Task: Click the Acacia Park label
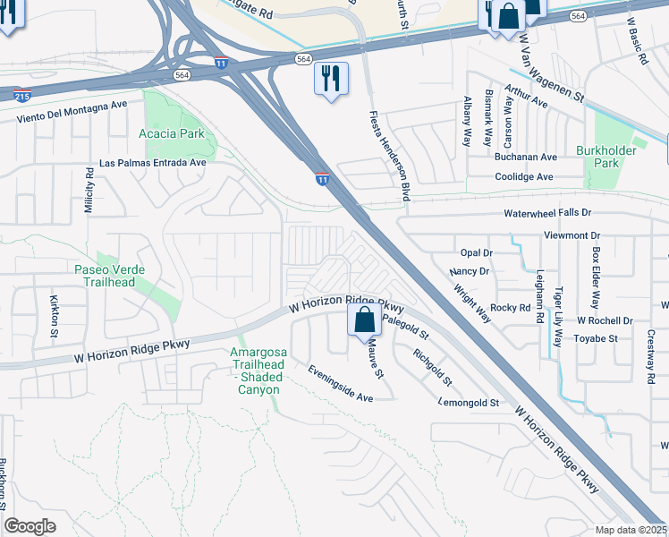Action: tap(172, 133)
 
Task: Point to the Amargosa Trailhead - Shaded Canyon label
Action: tap(258, 371)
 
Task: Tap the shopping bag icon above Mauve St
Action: tap(364, 320)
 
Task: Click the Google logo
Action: tap(30, 526)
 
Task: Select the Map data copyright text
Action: tap(631, 530)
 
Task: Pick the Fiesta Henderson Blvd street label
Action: tap(390, 156)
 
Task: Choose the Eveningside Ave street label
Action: tap(340, 382)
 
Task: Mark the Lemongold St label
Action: tap(469, 403)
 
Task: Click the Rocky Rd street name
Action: tap(511, 307)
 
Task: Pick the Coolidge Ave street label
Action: tap(524, 177)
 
